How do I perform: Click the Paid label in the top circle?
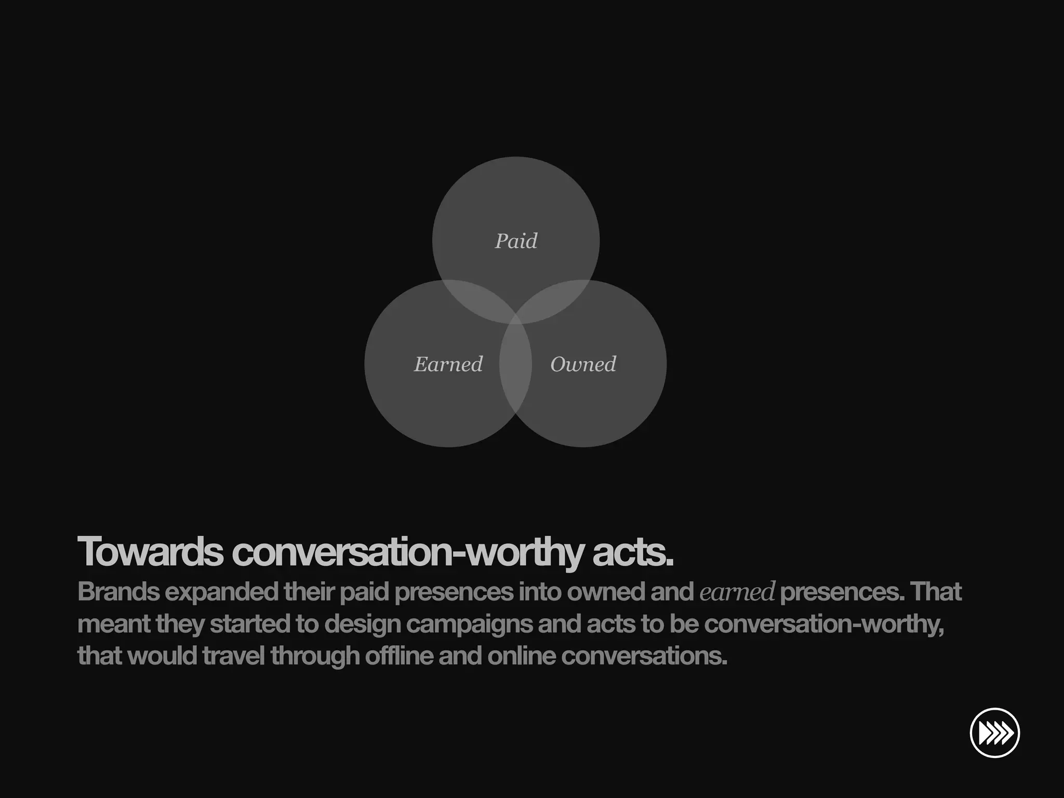[x=516, y=241]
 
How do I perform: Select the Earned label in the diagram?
[x=448, y=364]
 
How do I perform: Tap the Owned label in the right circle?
[x=583, y=364]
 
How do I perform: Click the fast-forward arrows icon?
[x=994, y=733]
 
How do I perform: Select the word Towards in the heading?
[x=150, y=552]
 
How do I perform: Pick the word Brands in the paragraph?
[x=118, y=592]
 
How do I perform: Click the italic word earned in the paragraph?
[x=737, y=592]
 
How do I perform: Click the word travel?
[x=234, y=656]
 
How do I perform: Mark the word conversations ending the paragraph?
[x=644, y=656]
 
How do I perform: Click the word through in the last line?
[x=315, y=656]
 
